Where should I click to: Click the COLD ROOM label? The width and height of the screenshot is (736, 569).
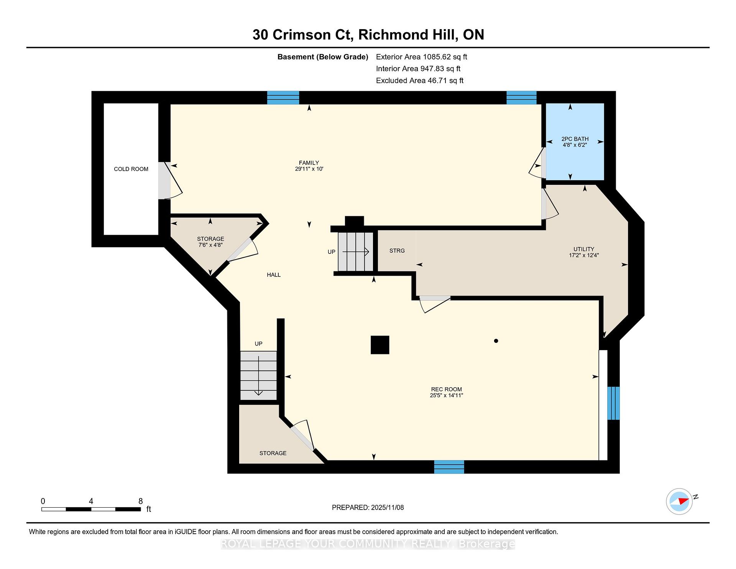point(131,169)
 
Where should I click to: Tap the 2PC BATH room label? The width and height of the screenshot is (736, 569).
point(575,139)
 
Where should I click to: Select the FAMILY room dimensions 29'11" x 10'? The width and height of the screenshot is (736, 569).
point(309,169)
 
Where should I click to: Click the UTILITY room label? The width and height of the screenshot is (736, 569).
point(583,249)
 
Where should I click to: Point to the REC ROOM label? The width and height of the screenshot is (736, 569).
point(446,389)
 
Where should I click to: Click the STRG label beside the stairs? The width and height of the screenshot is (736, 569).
point(397,251)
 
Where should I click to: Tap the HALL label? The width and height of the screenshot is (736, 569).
point(274,275)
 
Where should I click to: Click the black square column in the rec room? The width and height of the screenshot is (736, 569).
point(380,345)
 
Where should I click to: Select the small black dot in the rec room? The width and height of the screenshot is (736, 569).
point(496,341)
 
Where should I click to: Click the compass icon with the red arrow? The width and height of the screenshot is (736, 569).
point(679,501)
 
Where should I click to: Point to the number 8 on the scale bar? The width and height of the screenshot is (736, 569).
point(140,501)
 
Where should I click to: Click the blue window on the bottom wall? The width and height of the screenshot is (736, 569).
point(449,467)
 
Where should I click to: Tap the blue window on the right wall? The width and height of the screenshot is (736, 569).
point(613,403)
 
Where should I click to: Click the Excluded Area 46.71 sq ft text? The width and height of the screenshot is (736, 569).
point(419,81)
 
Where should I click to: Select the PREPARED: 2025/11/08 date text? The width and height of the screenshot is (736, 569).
point(368,508)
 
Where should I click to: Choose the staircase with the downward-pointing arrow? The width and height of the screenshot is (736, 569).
point(258,375)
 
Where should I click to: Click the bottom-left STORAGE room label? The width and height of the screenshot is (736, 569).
point(273,453)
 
